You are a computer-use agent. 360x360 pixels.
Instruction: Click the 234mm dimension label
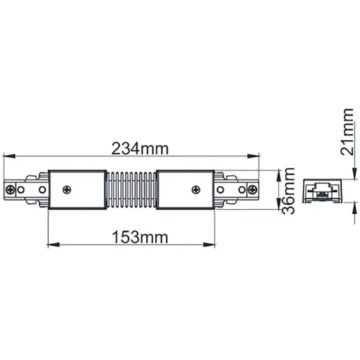pos(143,149)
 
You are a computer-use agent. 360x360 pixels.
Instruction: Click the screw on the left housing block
pos(68,189)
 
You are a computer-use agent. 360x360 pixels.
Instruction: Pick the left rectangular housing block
pos(77,189)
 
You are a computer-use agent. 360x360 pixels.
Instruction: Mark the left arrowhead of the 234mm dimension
pos(8,157)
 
